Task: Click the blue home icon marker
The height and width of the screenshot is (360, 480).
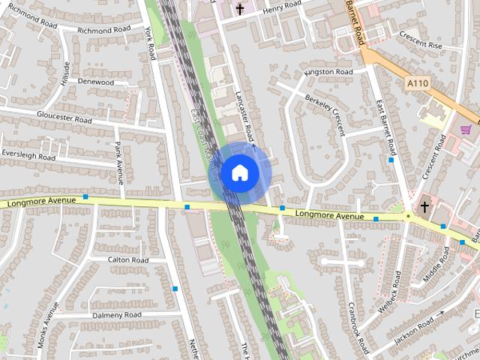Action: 239,172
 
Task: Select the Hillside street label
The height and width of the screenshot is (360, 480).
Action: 66,73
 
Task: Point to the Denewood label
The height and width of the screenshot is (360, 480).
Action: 95,81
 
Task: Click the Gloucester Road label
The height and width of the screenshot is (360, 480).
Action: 64,117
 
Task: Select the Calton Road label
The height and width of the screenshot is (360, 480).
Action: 128,259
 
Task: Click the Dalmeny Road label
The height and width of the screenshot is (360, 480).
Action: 117,315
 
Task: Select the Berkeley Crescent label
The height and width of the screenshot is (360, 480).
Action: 325,114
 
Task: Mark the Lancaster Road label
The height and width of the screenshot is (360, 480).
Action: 244,116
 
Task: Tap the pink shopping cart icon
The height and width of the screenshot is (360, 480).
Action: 466,130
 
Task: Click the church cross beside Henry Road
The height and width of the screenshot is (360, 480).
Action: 240,9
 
